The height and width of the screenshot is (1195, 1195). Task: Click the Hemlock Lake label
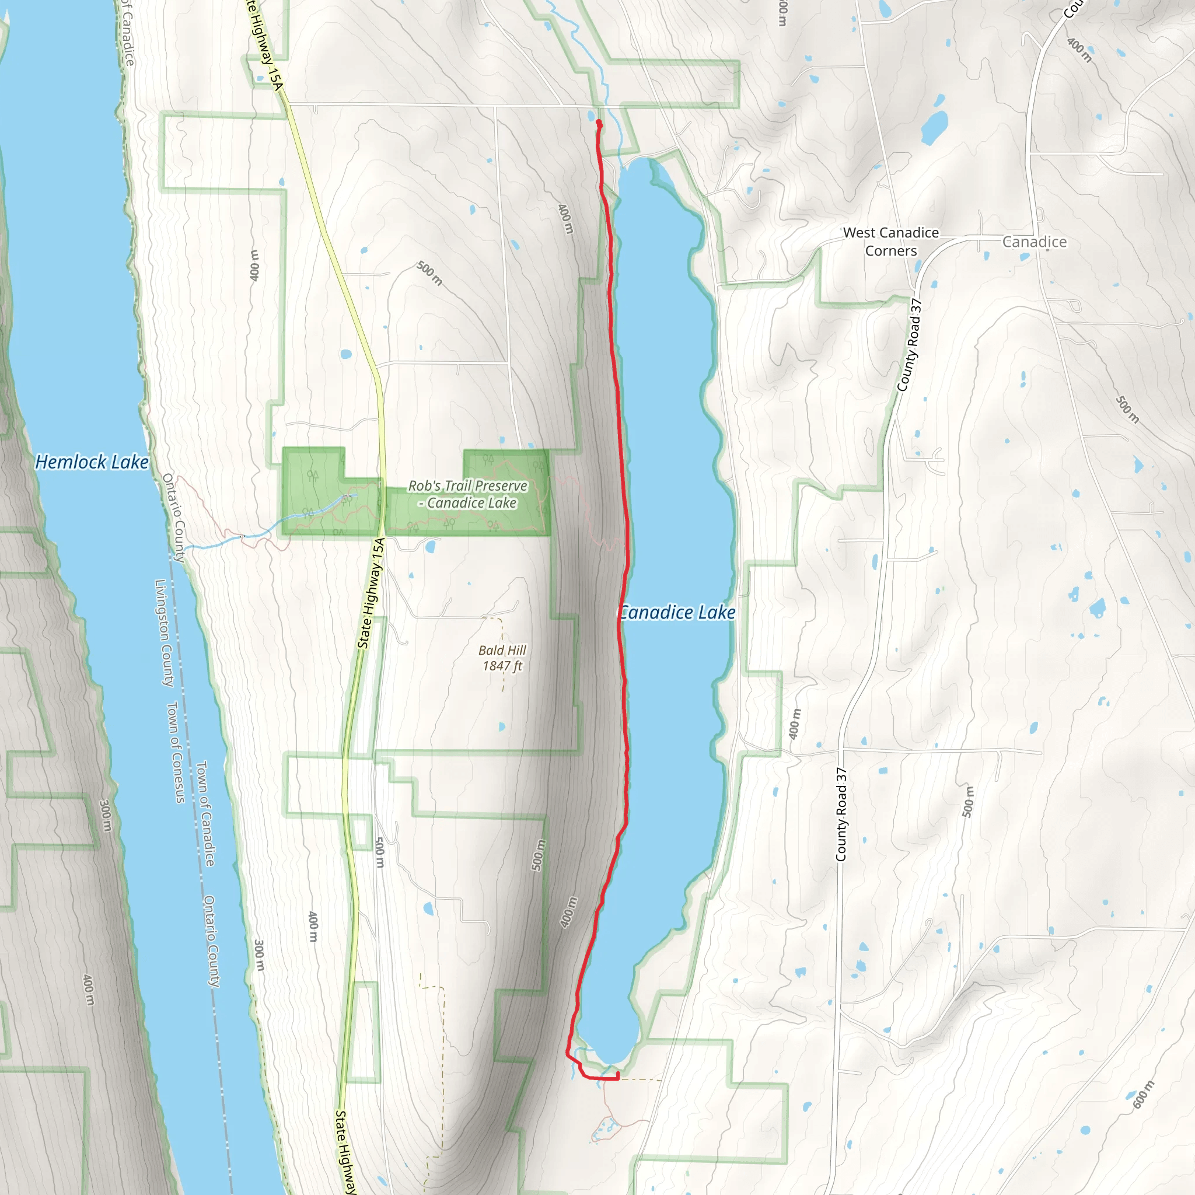tap(92, 462)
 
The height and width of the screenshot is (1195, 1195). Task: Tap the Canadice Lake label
tap(677, 612)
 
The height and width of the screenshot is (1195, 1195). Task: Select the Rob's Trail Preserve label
tap(467, 494)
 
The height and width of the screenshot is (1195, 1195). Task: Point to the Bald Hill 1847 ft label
tap(502, 658)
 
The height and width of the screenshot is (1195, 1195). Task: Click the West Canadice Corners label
tap(890, 241)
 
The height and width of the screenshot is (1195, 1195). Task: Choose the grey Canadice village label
tap(1034, 242)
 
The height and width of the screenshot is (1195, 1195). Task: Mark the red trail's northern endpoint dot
tap(599, 123)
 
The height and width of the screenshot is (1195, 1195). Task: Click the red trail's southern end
tap(617, 1077)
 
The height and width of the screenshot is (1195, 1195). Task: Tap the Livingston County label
tap(164, 633)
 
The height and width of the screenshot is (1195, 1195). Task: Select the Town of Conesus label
tap(176, 752)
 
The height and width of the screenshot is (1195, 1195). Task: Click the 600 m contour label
tap(1144, 1095)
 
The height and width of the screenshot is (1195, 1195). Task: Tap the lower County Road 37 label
tap(841, 815)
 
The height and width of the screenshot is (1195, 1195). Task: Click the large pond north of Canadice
tap(934, 127)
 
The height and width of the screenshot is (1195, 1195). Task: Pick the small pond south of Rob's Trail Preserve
tap(431, 546)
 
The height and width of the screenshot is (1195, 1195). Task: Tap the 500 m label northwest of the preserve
tap(429, 272)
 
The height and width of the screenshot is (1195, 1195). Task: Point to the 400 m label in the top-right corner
tap(1079, 50)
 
